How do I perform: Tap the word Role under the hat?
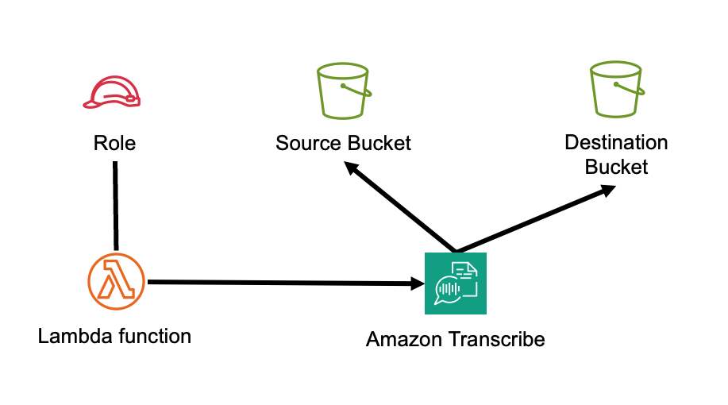tap(114, 144)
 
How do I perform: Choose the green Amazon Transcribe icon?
tap(455, 283)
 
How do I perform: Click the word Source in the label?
tap(308, 144)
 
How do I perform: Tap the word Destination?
tap(616, 143)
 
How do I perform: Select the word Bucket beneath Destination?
tap(616, 167)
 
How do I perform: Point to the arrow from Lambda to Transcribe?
tap(278, 282)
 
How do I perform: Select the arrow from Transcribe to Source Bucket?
tap(401, 207)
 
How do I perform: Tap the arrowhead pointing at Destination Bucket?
tap(607, 191)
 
